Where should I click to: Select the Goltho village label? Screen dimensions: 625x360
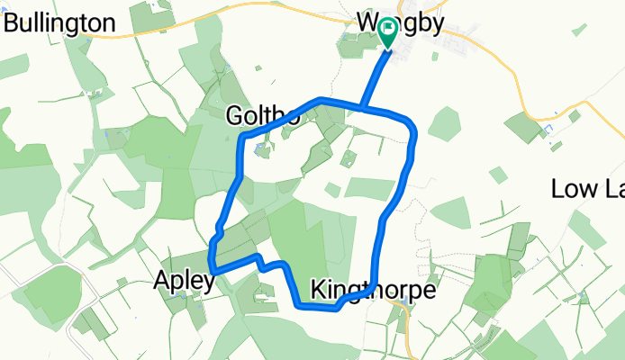click(x=263, y=115)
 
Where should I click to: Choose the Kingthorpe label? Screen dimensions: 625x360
click(x=372, y=290)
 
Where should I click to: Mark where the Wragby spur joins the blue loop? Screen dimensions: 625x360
click(x=364, y=108)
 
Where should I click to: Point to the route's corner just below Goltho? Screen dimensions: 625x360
click(x=242, y=137)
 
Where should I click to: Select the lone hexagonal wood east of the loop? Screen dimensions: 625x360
click(x=445, y=122)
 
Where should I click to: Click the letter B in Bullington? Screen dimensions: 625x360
click(x=14, y=22)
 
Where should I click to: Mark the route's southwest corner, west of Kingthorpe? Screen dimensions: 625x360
click(x=298, y=306)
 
